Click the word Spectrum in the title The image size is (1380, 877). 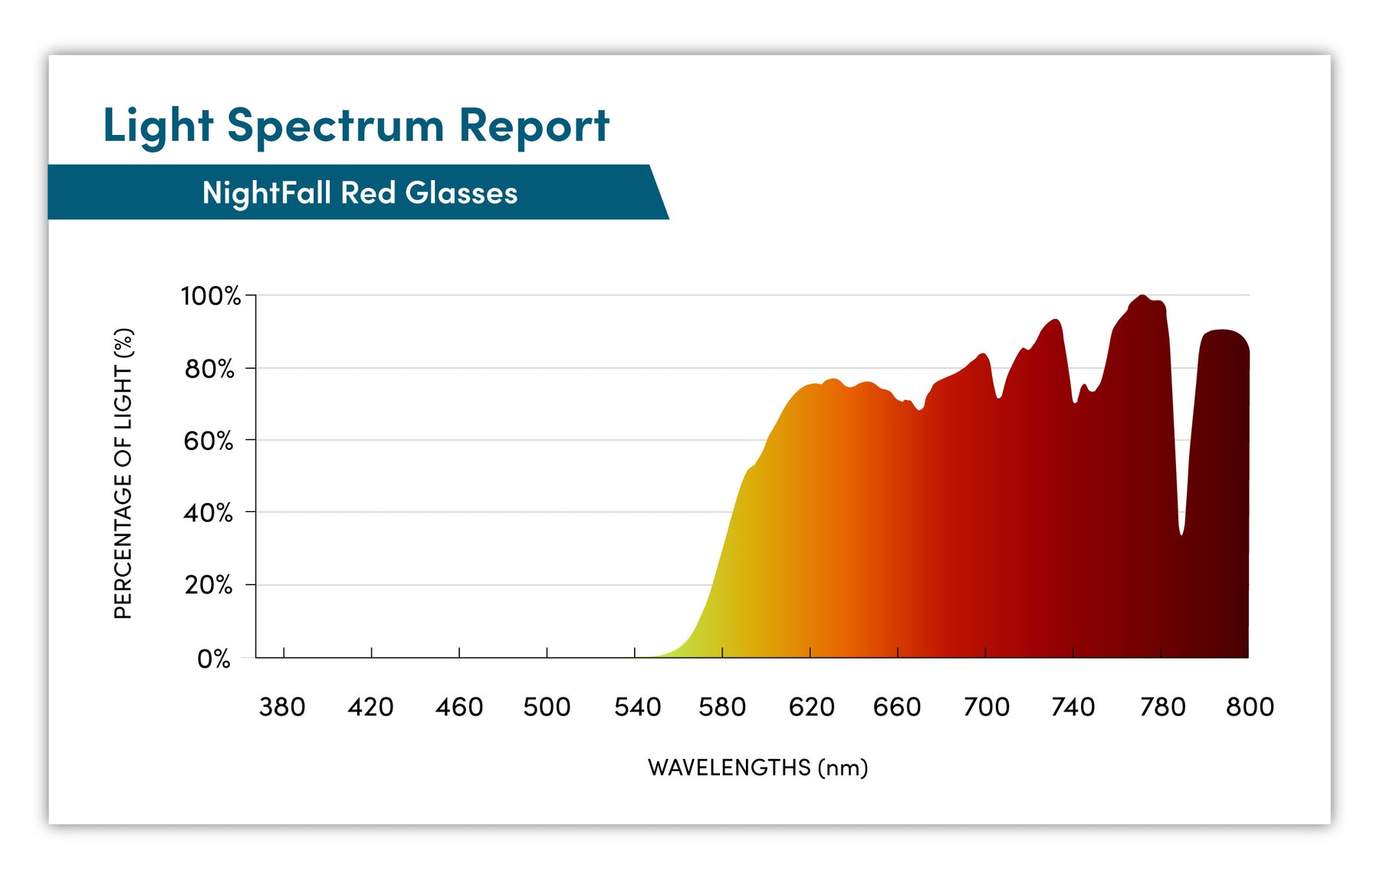(x=335, y=126)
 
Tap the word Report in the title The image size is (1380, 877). (x=534, y=126)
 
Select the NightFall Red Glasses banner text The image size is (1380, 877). (x=360, y=192)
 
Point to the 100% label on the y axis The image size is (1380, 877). (x=210, y=296)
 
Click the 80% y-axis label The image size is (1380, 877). (x=209, y=369)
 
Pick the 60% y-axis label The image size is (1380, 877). (x=209, y=441)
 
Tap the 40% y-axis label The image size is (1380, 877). (x=209, y=513)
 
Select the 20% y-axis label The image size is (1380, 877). (x=209, y=586)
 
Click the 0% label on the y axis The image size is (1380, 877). (x=213, y=659)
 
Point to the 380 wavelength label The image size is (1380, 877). (x=282, y=707)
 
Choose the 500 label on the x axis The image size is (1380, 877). (x=547, y=707)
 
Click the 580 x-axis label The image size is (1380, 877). (x=722, y=707)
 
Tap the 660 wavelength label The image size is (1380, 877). (x=897, y=707)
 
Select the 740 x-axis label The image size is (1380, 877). (x=1073, y=707)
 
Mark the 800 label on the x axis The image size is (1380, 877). (x=1250, y=707)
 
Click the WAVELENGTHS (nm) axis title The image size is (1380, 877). (x=757, y=767)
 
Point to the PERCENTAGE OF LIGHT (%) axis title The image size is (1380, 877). (x=123, y=474)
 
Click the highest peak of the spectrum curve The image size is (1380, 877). (x=1142, y=296)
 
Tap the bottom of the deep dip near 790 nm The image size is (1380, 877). (x=1181, y=534)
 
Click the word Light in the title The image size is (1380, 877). (x=158, y=126)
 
